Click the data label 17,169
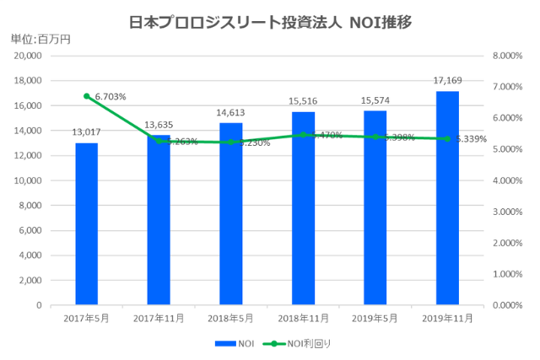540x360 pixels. [x=447, y=81]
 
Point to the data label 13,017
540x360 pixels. [x=86, y=132]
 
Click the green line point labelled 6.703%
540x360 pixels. [x=86, y=96]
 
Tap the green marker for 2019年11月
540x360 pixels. [x=447, y=139]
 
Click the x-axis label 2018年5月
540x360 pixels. [x=230, y=319]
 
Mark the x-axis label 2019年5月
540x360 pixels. [x=375, y=319]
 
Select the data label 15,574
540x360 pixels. [x=375, y=100]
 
